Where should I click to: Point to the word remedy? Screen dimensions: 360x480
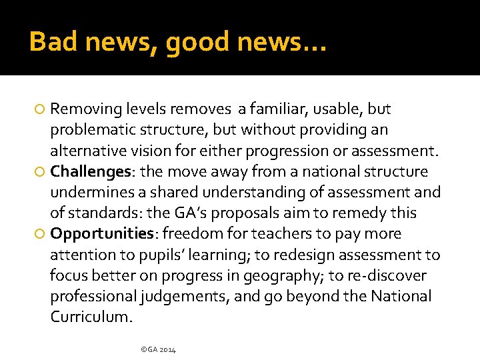pyautogui.click(x=352, y=213)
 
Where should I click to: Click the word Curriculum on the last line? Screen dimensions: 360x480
pyautogui.click(x=91, y=317)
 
